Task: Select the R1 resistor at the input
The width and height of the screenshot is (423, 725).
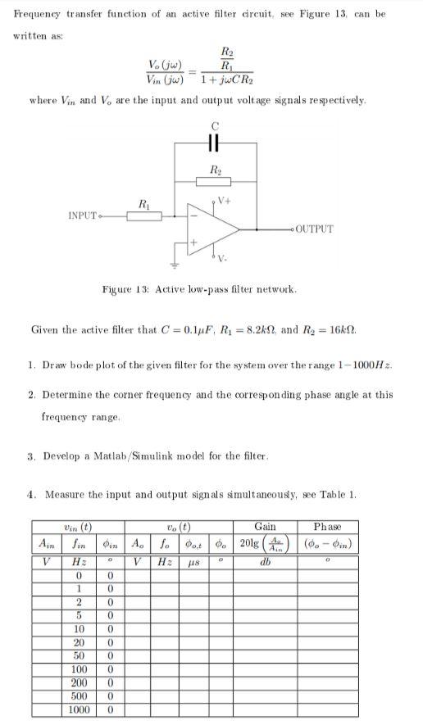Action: tap(144, 216)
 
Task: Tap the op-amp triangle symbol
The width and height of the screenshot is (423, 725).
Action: tap(203, 230)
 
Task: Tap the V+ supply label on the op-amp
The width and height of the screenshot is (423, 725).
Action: tap(224, 201)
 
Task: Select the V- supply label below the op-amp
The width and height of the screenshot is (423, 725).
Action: tap(222, 260)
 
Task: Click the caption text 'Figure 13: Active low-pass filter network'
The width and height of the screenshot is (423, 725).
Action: tap(198, 289)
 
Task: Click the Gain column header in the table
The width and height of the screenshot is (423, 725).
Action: tap(266, 526)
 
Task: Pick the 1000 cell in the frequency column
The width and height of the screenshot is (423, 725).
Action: tap(80, 709)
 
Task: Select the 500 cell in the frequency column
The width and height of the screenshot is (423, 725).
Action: tap(80, 696)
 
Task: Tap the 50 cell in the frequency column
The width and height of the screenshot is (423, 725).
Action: tap(80, 655)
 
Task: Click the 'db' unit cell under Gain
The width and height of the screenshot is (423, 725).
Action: tap(266, 562)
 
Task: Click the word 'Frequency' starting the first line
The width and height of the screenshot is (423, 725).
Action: tap(40, 14)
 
